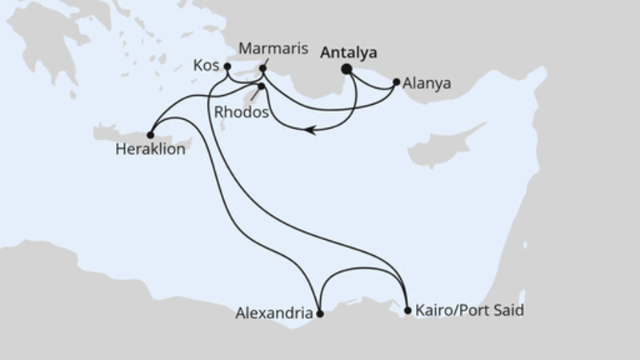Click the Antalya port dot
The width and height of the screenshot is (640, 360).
tap(347, 70)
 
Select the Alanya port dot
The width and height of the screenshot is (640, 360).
tap(396, 81)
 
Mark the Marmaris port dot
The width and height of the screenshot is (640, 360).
tap(262, 69)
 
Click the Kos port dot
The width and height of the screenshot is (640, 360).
tap(227, 66)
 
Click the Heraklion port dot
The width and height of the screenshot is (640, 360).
tap(150, 134)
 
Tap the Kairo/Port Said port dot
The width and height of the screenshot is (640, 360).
tap(408, 310)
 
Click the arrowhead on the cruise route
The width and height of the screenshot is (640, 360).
tap(310, 131)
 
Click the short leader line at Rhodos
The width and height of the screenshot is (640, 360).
tap(254, 94)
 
